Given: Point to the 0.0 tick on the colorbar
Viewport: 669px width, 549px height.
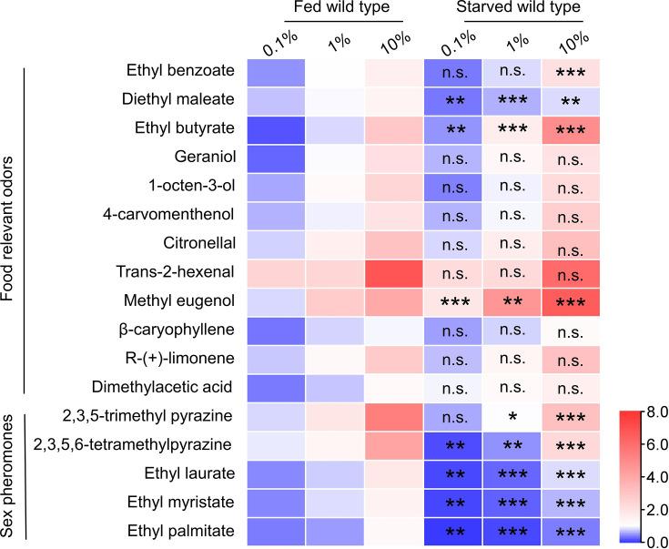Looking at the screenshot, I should click(x=653, y=542).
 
